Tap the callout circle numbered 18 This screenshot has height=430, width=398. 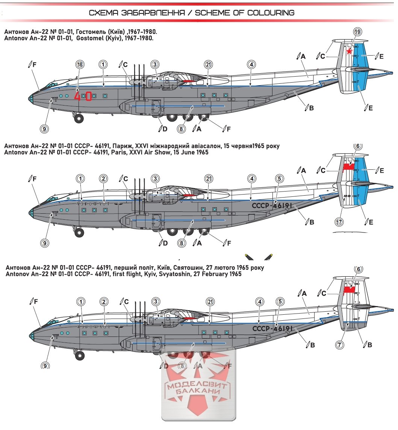coord(79,64)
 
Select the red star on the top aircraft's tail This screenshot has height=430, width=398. coord(349,52)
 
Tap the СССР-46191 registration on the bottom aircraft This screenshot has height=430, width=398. coord(272,329)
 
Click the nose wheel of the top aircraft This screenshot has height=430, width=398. coord(79,119)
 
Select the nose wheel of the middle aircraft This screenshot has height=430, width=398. coord(79,232)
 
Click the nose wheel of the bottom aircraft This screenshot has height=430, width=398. coord(80,355)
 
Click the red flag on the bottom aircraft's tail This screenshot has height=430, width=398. coord(349,289)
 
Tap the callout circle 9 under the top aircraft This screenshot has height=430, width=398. coord(44,128)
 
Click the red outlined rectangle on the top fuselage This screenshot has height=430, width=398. coord(89,96)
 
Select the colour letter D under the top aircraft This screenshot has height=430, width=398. coord(164,129)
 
